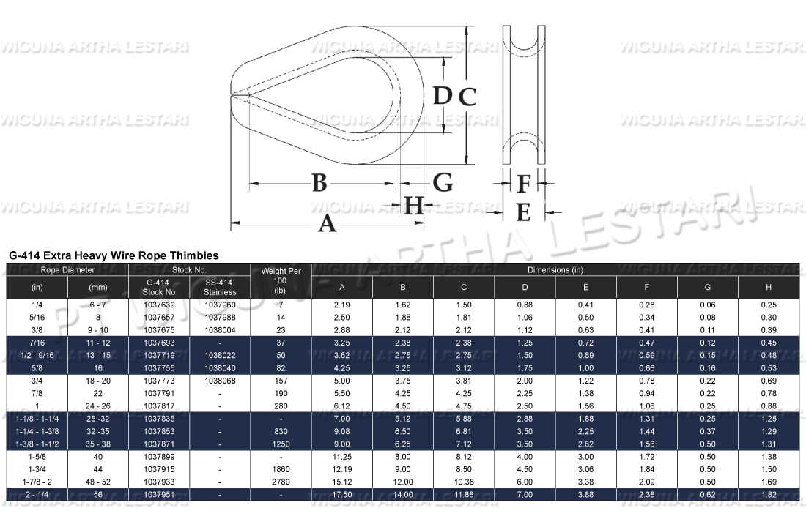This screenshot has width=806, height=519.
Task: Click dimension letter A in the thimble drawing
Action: (x=327, y=223)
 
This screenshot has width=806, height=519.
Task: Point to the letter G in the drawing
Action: (x=443, y=182)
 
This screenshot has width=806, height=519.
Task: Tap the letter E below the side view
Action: (x=523, y=212)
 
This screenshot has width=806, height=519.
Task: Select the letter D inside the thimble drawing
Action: (x=440, y=95)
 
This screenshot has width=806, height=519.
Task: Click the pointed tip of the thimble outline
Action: (x=233, y=94)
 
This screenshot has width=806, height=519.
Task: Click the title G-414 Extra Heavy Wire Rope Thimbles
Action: (x=114, y=255)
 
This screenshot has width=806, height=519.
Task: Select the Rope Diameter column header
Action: (x=67, y=270)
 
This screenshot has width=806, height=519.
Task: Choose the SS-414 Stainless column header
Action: (x=220, y=287)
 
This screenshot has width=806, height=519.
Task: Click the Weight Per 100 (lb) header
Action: (x=280, y=281)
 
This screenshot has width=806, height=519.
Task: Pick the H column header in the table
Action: (x=767, y=287)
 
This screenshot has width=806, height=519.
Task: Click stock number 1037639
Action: (x=159, y=304)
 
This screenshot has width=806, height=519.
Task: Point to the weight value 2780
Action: (x=280, y=482)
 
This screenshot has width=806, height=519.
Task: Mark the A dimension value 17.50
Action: (x=341, y=495)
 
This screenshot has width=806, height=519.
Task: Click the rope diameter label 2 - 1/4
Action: (x=37, y=495)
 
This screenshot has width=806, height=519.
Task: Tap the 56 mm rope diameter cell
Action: (x=97, y=495)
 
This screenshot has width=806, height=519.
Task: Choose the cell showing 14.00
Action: (x=402, y=495)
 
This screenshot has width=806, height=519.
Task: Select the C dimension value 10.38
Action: (x=464, y=482)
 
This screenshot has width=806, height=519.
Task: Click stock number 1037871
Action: (x=159, y=444)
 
